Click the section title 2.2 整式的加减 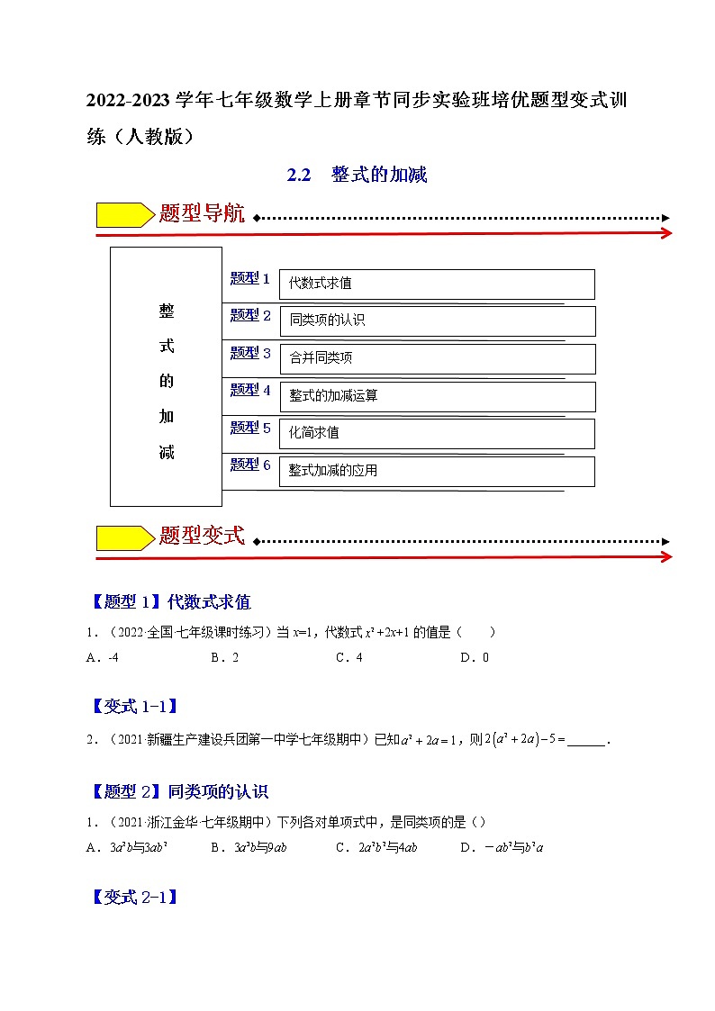pyautogui.click(x=357, y=176)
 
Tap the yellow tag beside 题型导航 pyautogui.click(x=124, y=215)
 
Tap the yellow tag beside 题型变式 pyautogui.click(x=124, y=537)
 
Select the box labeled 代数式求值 pyautogui.click(x=437, y=284)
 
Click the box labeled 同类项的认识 pyautogui.click(x=437, y=320)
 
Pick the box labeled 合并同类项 pyautogui.click(x=437, y=358)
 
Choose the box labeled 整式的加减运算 pyautogui.click(x=437, y=396)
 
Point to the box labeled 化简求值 pyautogui.click(x=437, y=433)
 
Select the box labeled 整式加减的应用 pyautogui.click(x=437, y=471)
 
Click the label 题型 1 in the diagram pyautogui.click(x=250, y=279)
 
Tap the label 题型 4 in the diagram pyautogui.click(x=250, y=391)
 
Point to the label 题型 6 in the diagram pyautogui.click(x=250, y=465)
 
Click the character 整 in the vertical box pyautogui.click(x=167, y=311)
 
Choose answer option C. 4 pyautogui.click(x=348, y=658)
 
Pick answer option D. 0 pyautogui.click(x=474, y=658)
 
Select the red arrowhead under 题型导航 pyautogui.click(x=665, y=233)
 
